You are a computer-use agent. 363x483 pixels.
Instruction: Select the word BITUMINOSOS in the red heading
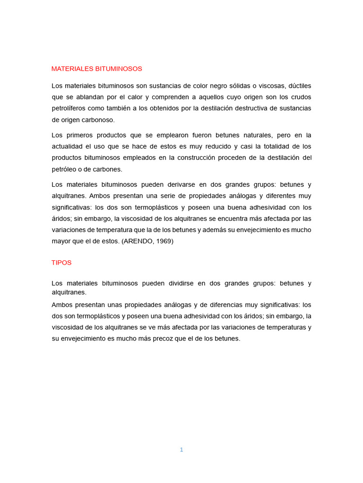coord(119,69)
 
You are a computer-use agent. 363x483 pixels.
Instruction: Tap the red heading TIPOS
coord(61,263)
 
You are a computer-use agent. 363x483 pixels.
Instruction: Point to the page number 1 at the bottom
coord(181,450)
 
